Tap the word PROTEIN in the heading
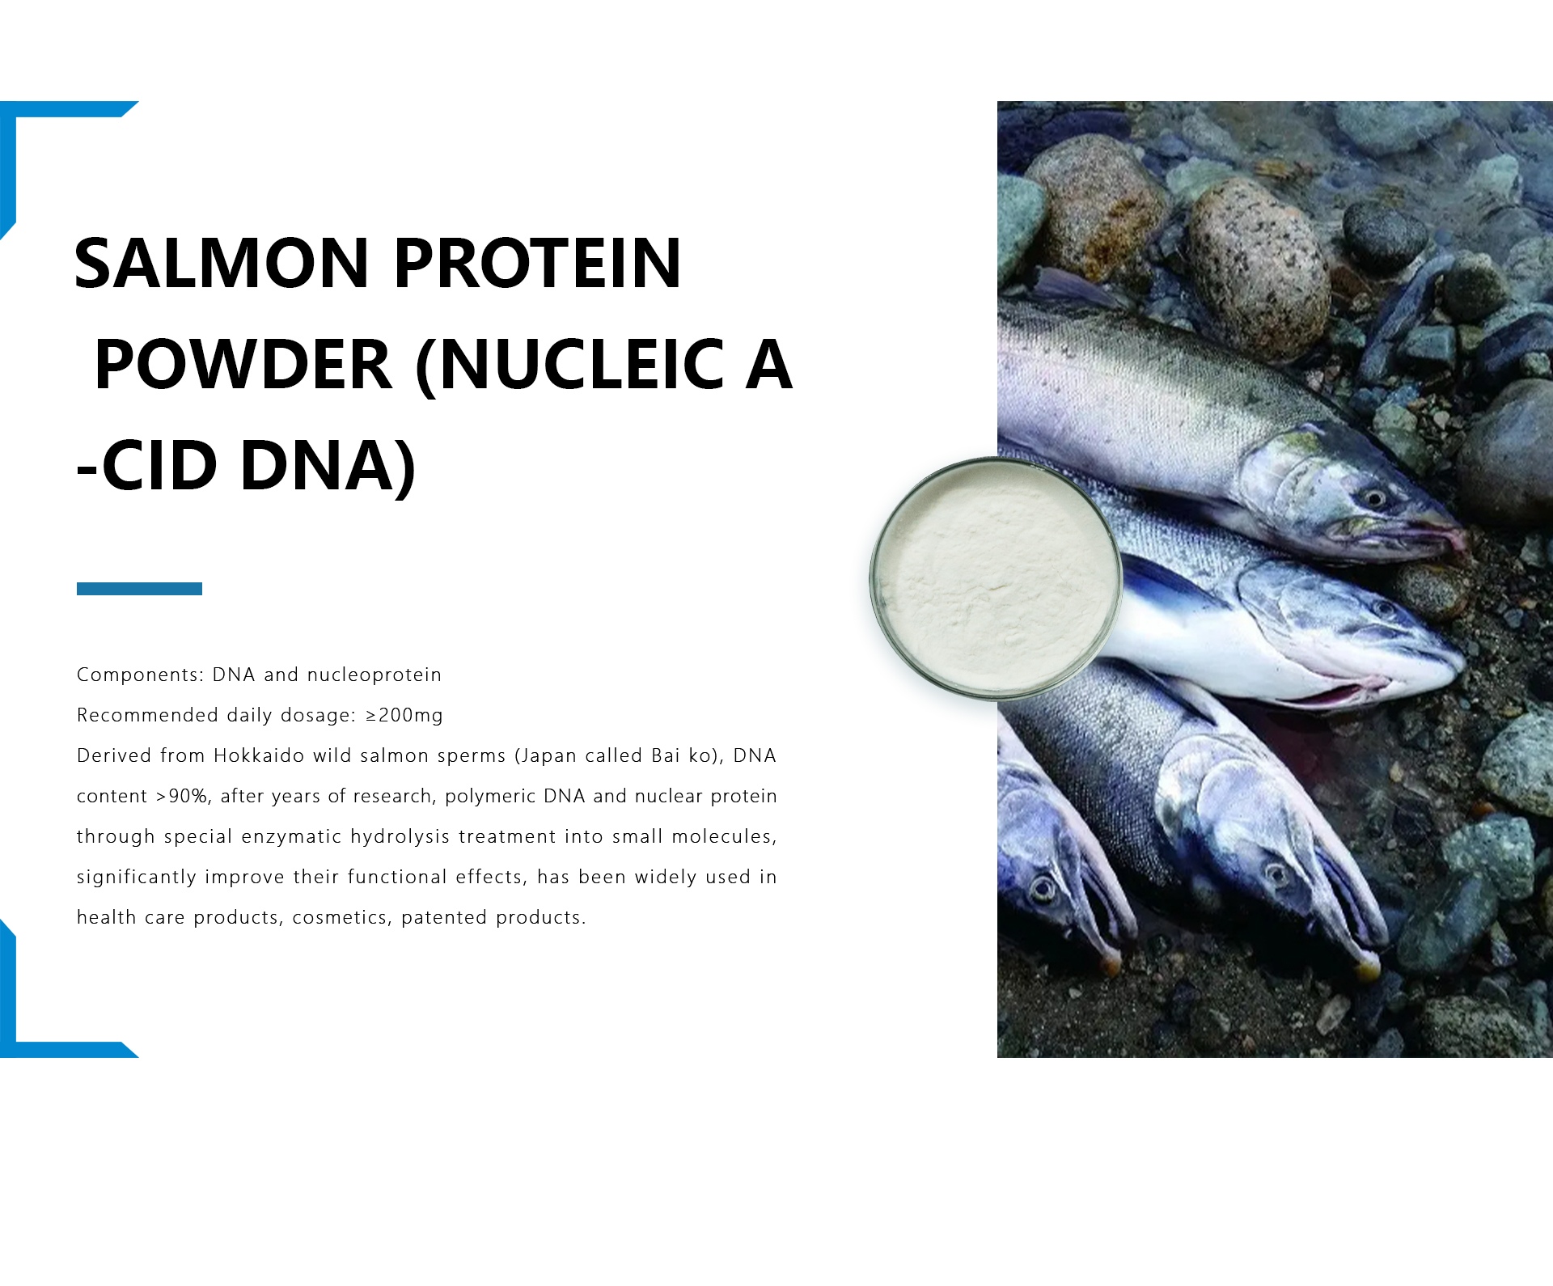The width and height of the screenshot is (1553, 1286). click(x=538, y=263)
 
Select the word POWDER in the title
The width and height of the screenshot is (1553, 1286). click(x=243, y=365)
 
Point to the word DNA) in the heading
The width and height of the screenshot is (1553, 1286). click(x=328, y=467)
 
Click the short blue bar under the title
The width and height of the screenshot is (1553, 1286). click(x=139, y=589)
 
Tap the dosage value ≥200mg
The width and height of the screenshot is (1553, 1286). click(x=404, y=715)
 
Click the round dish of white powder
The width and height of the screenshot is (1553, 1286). click(x=997, y=577)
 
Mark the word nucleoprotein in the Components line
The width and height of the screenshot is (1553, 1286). click(x=374, y=675)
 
